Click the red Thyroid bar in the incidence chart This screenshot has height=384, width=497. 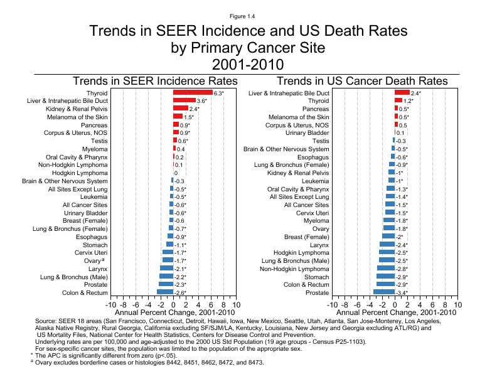193,93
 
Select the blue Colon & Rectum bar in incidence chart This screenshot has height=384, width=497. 165,292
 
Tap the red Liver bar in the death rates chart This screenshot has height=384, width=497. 402,93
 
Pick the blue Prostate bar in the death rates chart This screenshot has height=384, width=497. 384,292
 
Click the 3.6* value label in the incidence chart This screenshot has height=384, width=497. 202,101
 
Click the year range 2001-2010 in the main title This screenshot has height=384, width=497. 248,64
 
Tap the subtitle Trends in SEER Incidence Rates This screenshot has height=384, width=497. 155,82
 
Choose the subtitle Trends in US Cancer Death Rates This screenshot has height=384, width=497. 362,82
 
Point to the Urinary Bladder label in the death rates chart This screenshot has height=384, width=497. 307,133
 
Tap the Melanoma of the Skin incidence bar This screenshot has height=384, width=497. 178,117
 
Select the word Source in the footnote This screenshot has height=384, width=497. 48,320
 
